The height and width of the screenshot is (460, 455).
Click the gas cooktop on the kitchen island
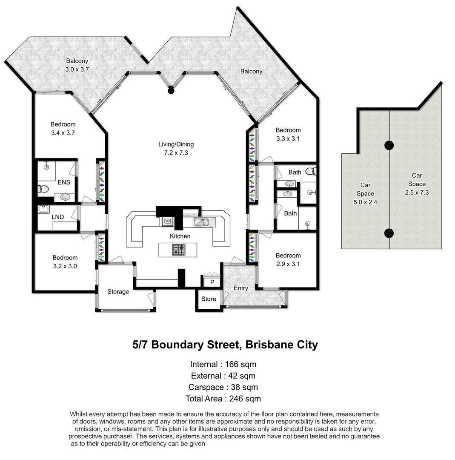(x=178, y=250)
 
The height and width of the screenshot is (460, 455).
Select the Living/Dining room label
(x=176, y=144)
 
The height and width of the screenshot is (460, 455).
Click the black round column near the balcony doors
(x=171, y=90)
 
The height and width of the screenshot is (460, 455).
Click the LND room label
(x=57, y=217)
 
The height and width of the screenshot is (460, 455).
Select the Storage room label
(x=118, y=292)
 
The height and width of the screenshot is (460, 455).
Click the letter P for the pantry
(x=212, y=282)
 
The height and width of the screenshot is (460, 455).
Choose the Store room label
(x=209, y=299)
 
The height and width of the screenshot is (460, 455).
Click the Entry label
(x=241, y=288)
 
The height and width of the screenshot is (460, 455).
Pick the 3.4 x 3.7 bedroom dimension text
(x=63, y=132)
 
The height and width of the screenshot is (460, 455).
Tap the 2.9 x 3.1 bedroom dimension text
(x=288, y=264)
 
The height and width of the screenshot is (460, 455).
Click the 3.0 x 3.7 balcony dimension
(x=77, y=69)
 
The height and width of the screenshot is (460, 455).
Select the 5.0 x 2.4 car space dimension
(x=365, y=202)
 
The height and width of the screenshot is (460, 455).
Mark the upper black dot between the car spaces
(x=389, y=146)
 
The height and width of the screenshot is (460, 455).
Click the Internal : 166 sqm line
(x=223, y=364)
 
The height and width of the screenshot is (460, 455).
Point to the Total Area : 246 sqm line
(x=223, y=399)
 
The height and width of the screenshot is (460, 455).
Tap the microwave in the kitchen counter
(x=168, y=221)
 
